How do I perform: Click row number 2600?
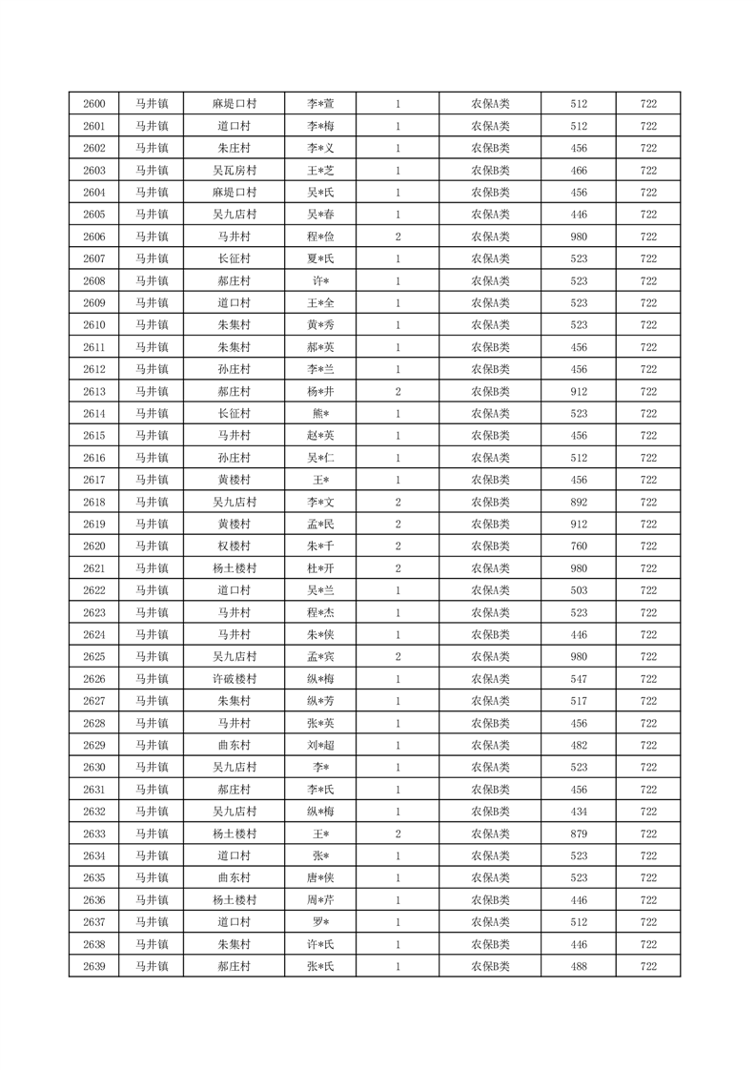coord(93,104)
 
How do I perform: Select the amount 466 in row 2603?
coord(579,171)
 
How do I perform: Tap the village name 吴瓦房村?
coord(234,171)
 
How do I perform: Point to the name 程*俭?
coord(320,237)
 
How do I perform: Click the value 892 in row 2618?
coord(579,503)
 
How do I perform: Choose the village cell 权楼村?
coord(234,546)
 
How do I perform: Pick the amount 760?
coord(579,546)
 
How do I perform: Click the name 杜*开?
coord(320,568)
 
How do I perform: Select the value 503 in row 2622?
coord(579,590)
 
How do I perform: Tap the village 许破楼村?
coord(234,679)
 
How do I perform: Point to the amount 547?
coord(579,679)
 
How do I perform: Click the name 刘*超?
coord(320,745)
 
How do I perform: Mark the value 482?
coord(579,745)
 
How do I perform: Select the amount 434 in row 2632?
coord(579,812)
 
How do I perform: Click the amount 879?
coord(579,833)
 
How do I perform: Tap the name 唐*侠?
coord(320,877)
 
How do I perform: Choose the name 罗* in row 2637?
coord(320,922)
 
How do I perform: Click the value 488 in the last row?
coord(579,966)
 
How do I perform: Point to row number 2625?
coord(93,657)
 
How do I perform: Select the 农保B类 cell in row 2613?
coord(490,392)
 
